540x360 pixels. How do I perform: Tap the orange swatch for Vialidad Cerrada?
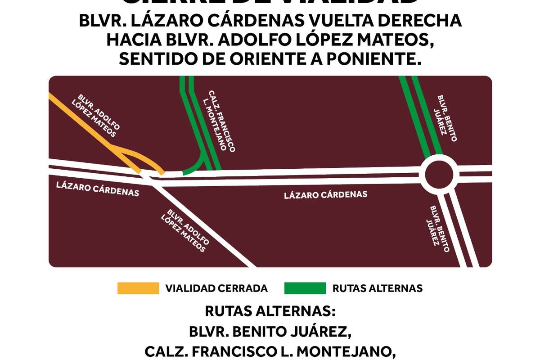pyautogui.click(x=138, y=288)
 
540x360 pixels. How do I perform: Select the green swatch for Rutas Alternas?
pyautogui.click(x=305, y=288)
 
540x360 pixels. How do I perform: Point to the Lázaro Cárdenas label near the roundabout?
pyautogui.click(x=326, y=195)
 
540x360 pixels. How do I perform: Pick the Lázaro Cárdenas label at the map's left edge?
pyautogui.click(x=97, y=189)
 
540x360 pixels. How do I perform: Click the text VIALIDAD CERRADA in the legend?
pyautogui.click(x=216, y=288)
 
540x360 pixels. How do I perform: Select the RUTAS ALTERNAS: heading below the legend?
pyautogui.click(x=270, y=311)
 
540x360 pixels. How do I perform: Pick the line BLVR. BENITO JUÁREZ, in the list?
pyautogui.click(x=270, y=332)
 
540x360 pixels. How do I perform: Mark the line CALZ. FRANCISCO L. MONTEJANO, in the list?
pyautogui.click(x=270, y=352)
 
